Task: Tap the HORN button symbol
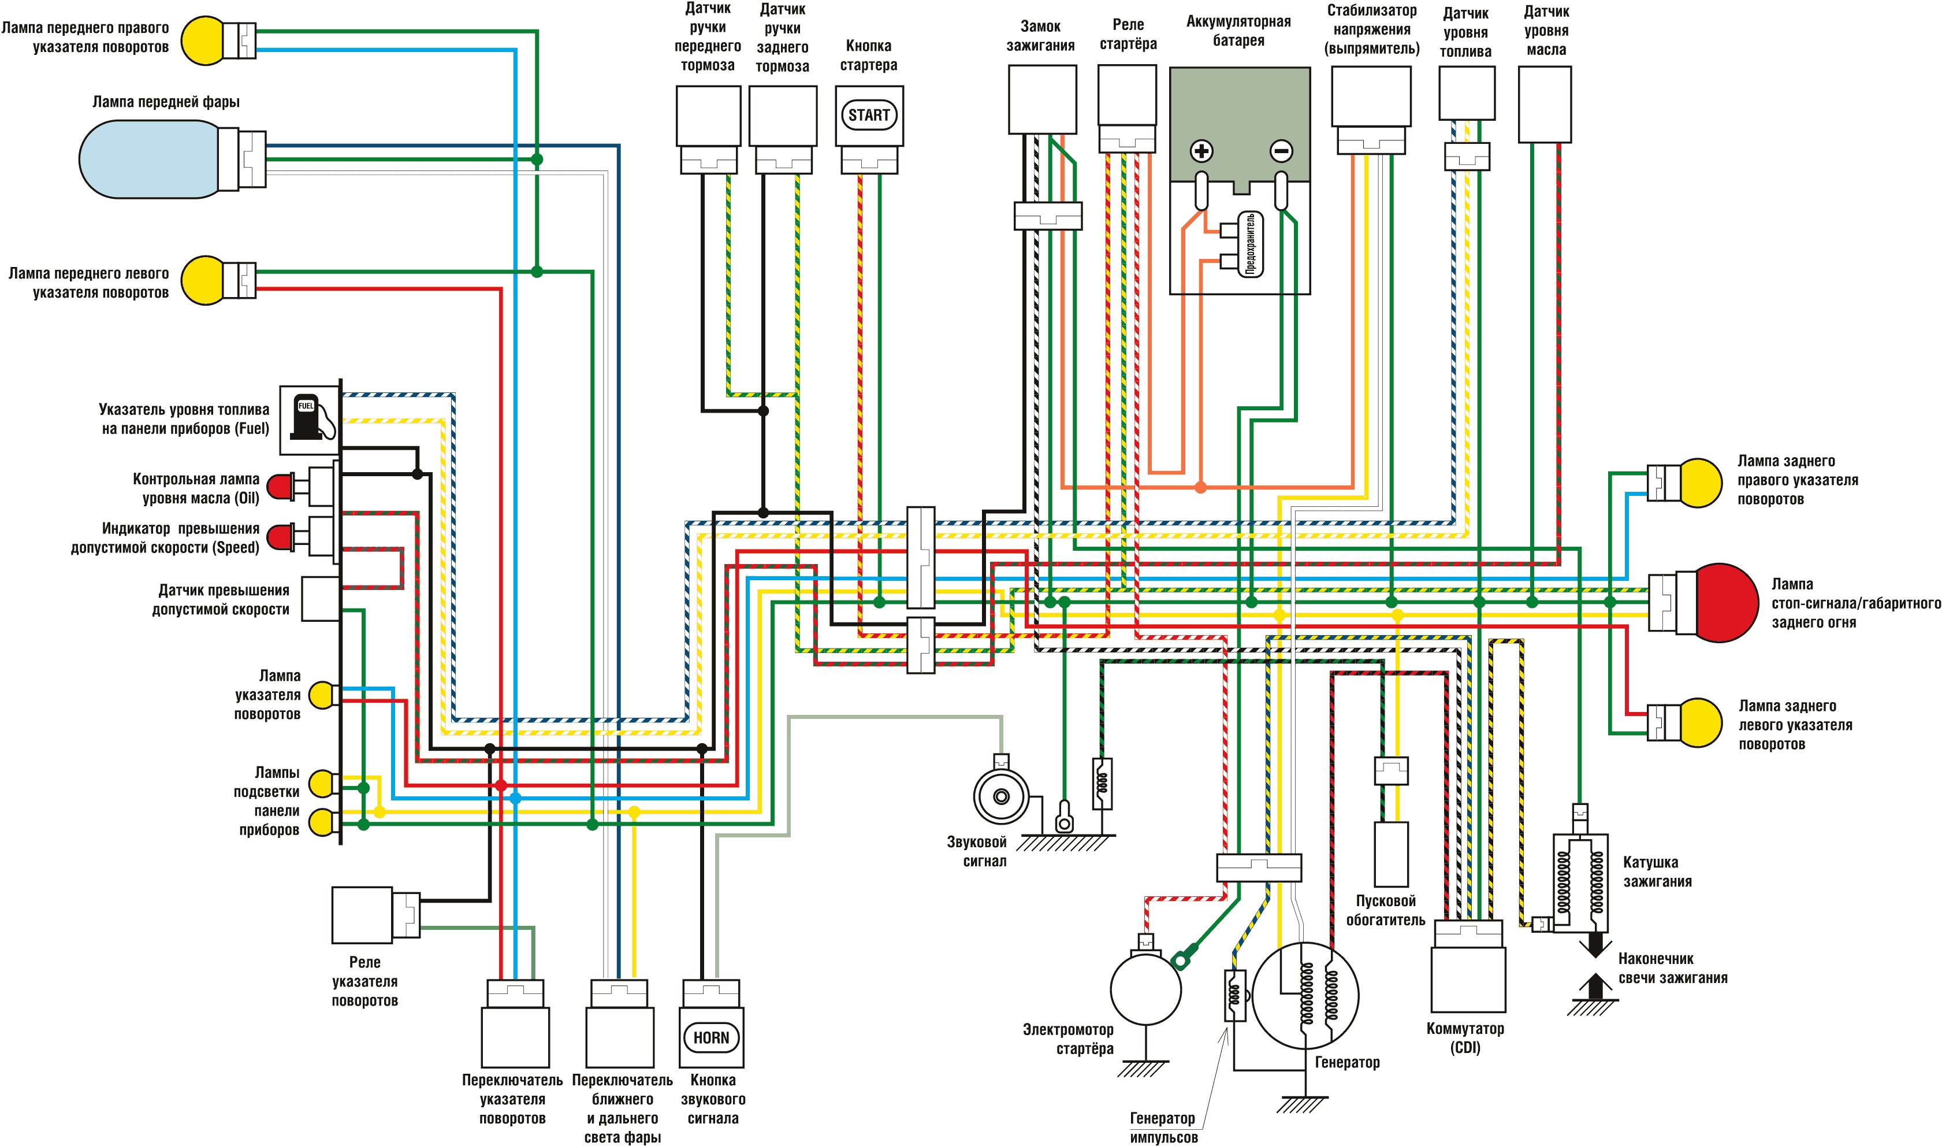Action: [711, 1037]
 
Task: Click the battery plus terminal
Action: [1201, 151]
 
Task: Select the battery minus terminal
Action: [1281, 151]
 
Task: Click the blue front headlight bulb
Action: [147, 159]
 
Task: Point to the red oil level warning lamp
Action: [280, 487]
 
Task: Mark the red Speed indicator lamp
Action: [280, 536]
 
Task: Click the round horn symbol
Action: [1000, 796]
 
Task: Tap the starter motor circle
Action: [1145, 989]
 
